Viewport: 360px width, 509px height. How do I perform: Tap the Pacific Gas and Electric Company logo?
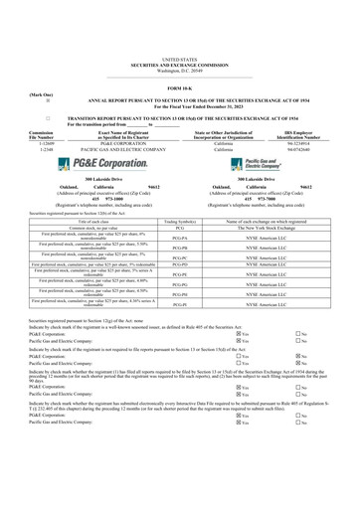point(261,162)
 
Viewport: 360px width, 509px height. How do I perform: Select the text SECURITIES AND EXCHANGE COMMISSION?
point(180,37)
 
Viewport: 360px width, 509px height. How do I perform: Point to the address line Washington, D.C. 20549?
point(180,43)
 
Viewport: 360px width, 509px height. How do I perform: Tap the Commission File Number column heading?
point(20,131)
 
